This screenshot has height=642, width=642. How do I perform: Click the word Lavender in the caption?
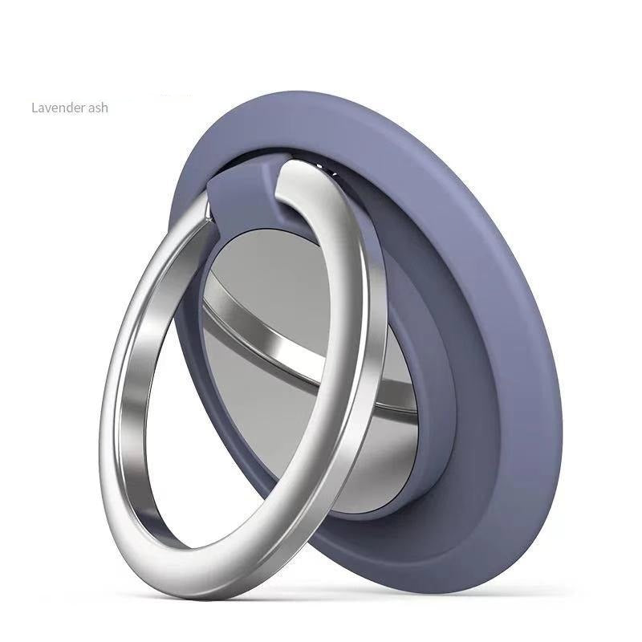tap(58, 107)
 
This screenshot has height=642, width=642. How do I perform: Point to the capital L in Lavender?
tap(34, 107)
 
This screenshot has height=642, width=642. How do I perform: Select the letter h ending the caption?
tap(104, 107)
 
